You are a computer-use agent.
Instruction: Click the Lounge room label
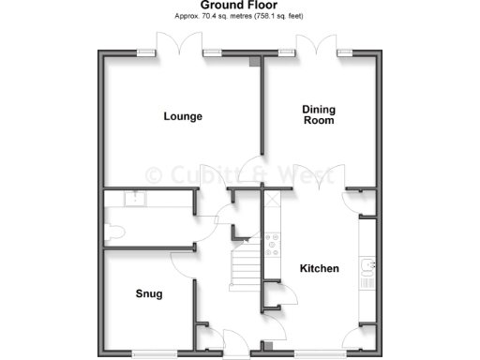(x=183, y=116)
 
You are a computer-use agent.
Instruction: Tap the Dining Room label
(x=319, y=115)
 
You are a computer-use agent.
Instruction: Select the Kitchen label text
(x=319, y=269)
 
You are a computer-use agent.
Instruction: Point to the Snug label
(x=148, y=294)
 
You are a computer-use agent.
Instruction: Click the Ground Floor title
(x=239, y=5)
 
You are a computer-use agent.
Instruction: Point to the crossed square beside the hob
(x=273, y=200)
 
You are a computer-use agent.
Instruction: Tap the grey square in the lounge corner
(x=254, y=64)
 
